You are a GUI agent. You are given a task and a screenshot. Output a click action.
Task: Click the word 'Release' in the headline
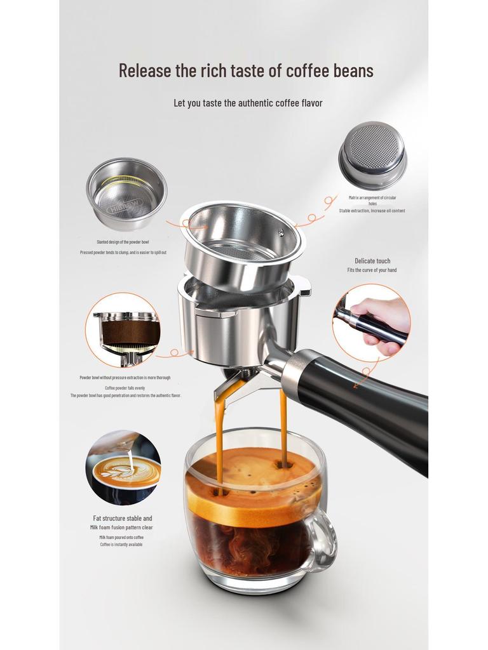[x=145, y=70]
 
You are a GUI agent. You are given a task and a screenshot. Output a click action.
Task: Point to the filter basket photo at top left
[x=126, y=194]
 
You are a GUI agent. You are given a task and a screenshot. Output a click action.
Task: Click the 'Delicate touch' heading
[x=372, y=261]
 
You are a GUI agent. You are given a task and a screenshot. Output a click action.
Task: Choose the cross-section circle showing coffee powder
[x=123, y=330]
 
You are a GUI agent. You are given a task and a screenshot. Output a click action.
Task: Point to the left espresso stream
[x=220, y=438]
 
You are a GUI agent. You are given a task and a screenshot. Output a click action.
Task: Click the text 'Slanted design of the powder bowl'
[x=123, y=242]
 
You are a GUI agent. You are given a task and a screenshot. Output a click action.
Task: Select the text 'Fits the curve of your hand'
[x=372, y=270]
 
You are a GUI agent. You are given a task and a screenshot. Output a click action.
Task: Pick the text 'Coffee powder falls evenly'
[x=125, y=387]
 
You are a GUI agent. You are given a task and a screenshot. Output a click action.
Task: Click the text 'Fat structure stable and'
[x=123, y=519]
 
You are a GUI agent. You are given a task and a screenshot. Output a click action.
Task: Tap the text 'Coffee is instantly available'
[x=121, y=545]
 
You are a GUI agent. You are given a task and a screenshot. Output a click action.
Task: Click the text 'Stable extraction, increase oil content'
[x=372, y=211]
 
